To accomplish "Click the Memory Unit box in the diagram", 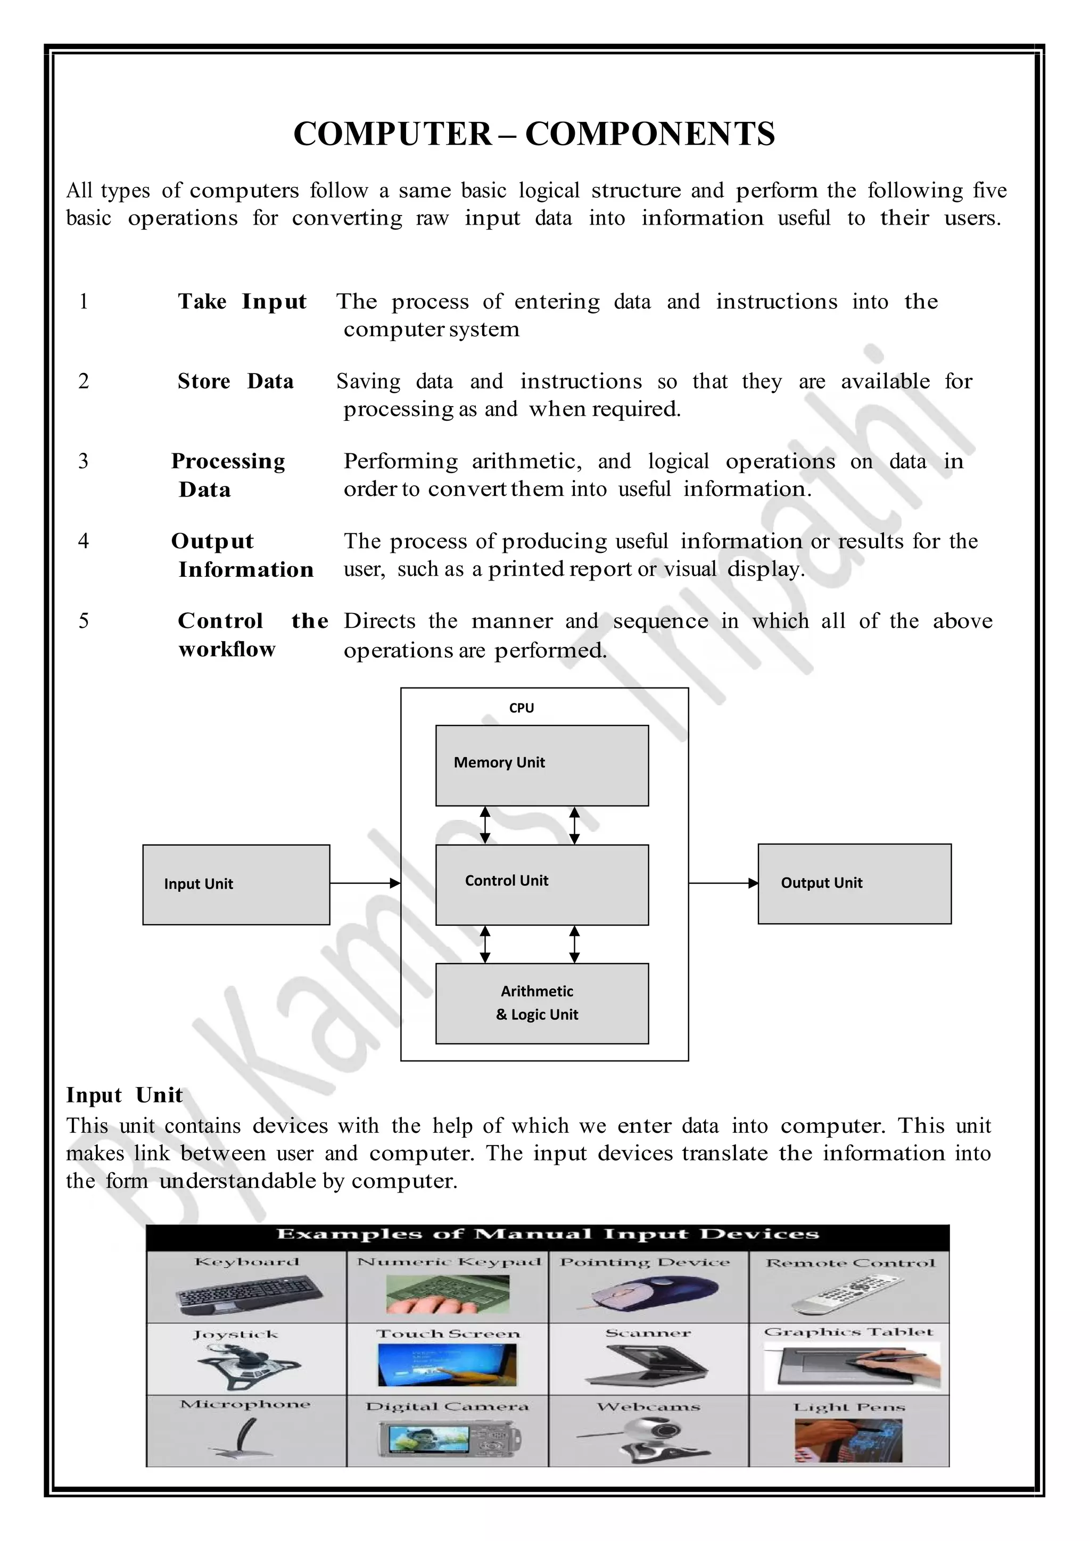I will [x=542, y=765].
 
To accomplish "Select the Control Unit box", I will [x=542, y=884].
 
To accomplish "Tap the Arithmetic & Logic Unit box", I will [x=542, y=1004].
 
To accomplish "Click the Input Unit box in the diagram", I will [x=236, y=884].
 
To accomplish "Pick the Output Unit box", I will [x=854, y=883].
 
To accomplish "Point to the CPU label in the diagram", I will [x=522, y=708].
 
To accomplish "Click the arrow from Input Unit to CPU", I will [x=365, y=883].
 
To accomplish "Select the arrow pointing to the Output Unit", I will [x=723, y=883].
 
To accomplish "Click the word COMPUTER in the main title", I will [x=393, y=134].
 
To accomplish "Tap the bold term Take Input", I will [x=242, y=301].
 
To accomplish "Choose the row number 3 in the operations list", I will [x=83, y=461].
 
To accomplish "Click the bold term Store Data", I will [x=236, y=381].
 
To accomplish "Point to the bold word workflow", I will [x=227, y=649].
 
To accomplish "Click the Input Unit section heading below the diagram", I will [x=124, y=1095].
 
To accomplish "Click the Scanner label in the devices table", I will [x=648, y=1333].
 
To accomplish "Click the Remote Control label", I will [x=850, y=1263].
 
